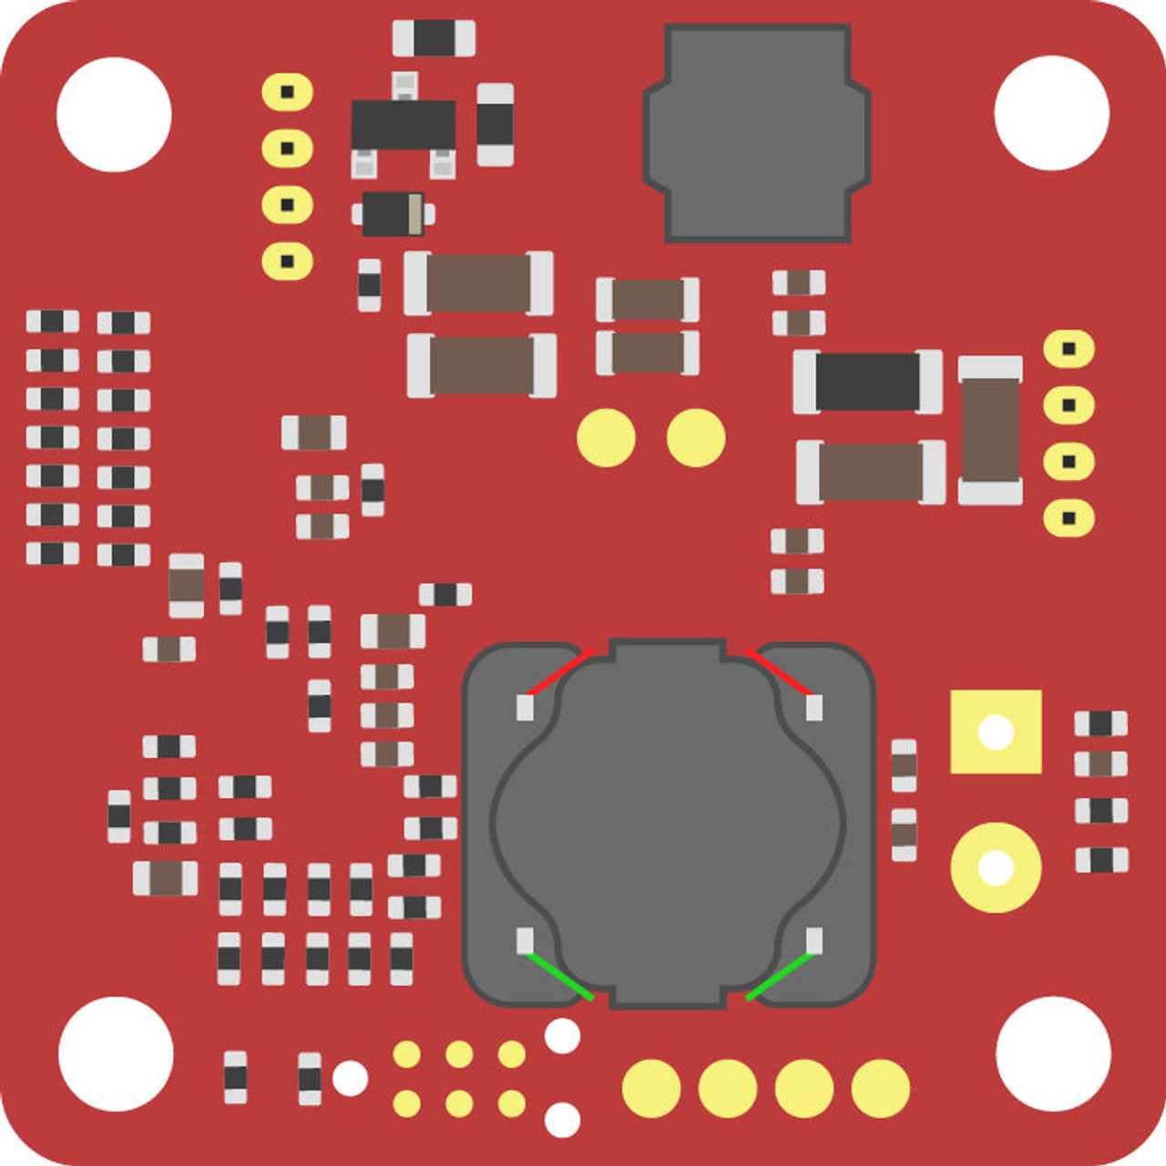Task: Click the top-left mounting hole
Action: (x=114, y=114)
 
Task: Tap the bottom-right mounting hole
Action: (x=1053, y=1053)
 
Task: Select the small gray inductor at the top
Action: (x=757, y=133)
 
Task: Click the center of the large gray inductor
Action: (x=668, y=824)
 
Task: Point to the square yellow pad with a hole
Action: (x=996, y=731)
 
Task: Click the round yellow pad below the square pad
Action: (x=996, y=867)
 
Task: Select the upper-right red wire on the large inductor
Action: (x=778, y=672)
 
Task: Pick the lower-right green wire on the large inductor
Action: (x=779, y=977)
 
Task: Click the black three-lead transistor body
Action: (x=403, y=125)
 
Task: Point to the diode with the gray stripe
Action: (x=394, y=214)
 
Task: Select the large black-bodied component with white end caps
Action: (x=867, y=382)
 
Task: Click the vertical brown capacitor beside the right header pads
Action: (x=990, y=430)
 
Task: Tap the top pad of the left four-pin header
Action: (x=287, y=92)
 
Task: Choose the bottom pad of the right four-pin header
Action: (x=1069, y=518)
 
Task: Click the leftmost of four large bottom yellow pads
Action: (x=651, y=1088)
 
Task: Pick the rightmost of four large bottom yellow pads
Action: (x=880, y=1088)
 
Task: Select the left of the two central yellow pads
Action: (x=606, y=438)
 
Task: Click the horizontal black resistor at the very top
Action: (x=434, y=38)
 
